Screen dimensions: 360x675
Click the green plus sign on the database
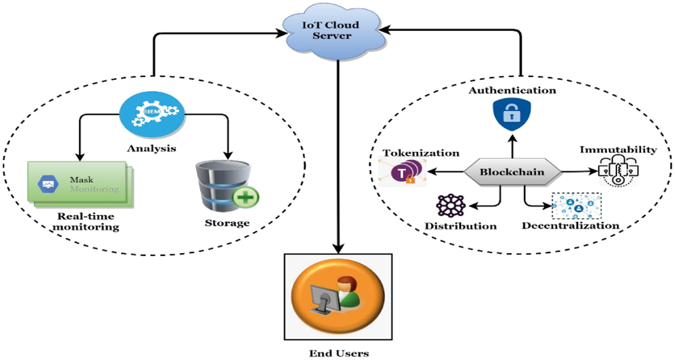pyautogui.click(x=245, y=198)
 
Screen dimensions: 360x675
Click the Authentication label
pyautogui.click(x=512, y=90)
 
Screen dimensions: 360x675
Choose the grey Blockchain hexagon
pyautogui.click(x=512, y=172)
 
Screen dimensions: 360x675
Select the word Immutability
pyautogui.click(x=618, y=150)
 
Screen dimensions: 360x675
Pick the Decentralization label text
pyautogui.click(x=570, y=225)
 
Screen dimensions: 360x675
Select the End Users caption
pyautogui.click(x=339, y=354)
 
